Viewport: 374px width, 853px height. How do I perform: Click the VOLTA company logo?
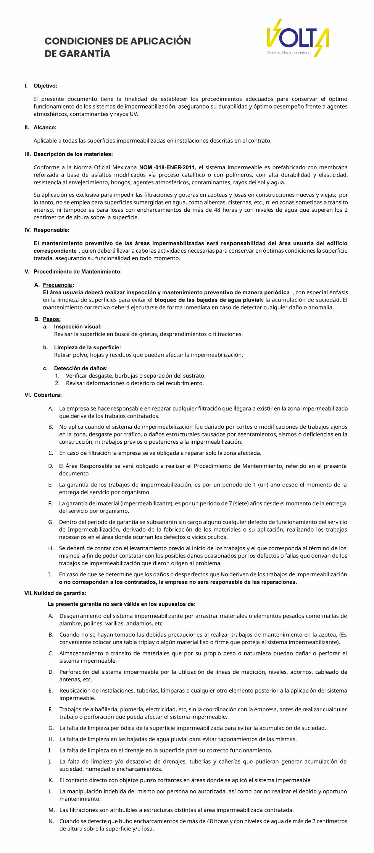coord(297,38)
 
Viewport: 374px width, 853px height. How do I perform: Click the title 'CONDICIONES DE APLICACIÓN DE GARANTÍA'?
coord(118,47)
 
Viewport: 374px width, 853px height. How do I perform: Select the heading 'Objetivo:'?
coord(45,86)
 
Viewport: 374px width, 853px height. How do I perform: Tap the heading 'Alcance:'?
coord(45,128)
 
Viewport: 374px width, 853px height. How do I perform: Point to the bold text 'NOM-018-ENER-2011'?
coord(167,167)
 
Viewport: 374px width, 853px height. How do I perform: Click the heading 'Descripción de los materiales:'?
coord(73,154)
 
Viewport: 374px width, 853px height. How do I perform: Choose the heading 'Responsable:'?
coord(51,230)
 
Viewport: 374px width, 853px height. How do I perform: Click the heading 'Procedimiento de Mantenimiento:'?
coord(77,272)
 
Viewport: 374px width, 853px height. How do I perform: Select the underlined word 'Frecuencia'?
coord(57,285)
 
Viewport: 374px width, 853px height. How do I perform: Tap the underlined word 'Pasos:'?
coord(52,319)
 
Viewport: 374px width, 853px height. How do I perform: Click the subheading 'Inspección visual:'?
coord(77,327)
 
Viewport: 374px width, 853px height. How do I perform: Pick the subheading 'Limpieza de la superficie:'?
coord(87,348)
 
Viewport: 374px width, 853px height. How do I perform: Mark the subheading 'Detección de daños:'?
coord(81,368)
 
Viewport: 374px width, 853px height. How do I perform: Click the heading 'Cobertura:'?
coord(47,395)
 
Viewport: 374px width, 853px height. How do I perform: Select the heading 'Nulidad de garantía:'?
coord(60,593)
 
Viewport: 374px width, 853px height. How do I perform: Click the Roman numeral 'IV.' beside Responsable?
coord(27,230)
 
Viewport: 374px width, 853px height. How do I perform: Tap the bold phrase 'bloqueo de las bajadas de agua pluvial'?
coord(208,300)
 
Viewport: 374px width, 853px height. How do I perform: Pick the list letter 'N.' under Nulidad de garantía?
coord(51,821)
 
